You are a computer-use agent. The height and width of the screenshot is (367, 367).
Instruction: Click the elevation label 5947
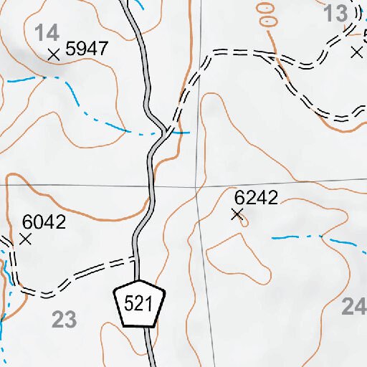click(x=86, y=49)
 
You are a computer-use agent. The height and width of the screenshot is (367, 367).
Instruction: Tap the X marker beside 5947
click(x=52, y=54)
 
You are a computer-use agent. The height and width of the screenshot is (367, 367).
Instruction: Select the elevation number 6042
click(x=44, y=222)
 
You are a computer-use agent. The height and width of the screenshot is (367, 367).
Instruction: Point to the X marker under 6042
click(x=26, y=239)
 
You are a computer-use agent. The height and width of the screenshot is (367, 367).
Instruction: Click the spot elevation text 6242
click(x=256, y=198)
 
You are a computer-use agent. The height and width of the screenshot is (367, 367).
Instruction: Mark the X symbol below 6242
click(x=237, y=214)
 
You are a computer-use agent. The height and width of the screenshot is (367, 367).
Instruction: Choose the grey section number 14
click(x=47, y=32)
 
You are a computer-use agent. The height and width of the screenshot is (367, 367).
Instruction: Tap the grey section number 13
click(x=335, y=13)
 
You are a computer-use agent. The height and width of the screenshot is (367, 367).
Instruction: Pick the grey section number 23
click(x=64, y=320)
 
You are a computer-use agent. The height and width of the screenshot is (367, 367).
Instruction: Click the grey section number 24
click(x=354, y=307)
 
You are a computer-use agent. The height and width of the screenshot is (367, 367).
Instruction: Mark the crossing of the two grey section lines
click(x=196, y=186)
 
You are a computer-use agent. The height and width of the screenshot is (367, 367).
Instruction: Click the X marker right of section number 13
click(x=356, y=52)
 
